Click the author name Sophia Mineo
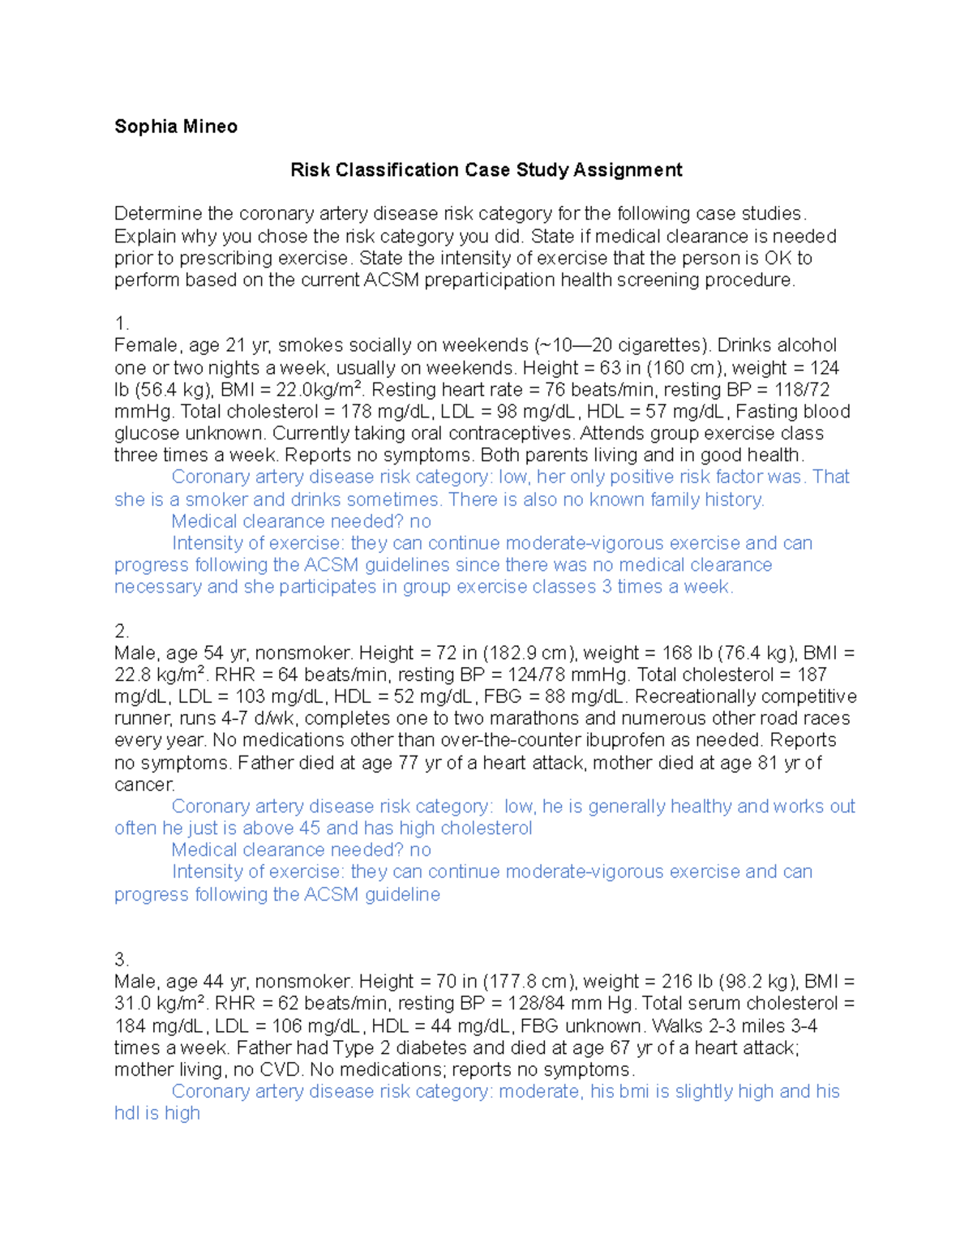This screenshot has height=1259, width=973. [175, 126]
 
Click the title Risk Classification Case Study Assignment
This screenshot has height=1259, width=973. [486, 170]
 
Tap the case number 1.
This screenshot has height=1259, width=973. [121, 324]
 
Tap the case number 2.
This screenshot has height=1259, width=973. [121, 632]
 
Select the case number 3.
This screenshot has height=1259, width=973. [121, 960]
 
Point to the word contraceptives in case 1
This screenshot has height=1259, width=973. [511, 434]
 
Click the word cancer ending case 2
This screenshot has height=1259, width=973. [144, 785]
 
